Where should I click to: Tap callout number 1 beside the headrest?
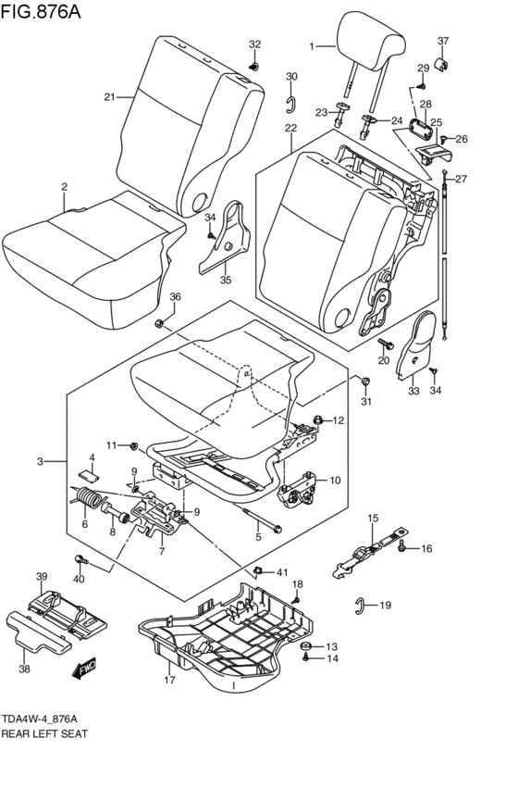click(x=312, y=45)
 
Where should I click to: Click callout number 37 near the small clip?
click(x=442, y=41)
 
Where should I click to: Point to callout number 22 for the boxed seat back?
click(x=290, y=127)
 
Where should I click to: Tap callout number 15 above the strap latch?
click(x=374, y=518)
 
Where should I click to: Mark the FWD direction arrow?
click(x=89, y=665)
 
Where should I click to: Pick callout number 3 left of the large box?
click(x=40, y=460)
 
